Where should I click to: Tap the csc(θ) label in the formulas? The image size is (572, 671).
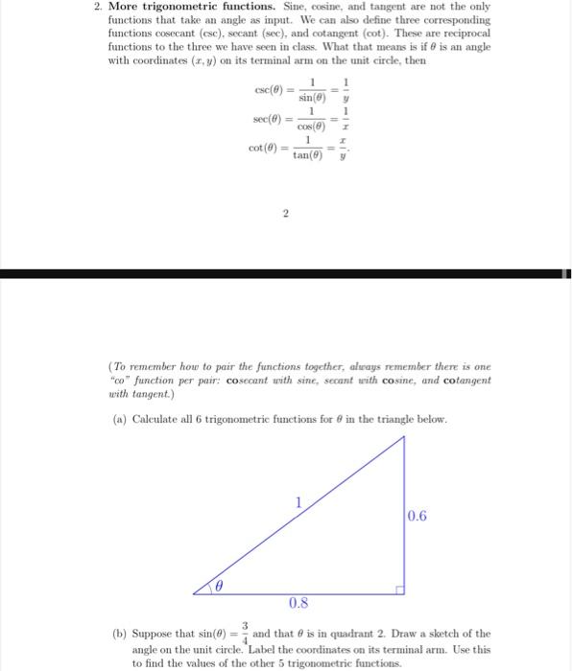tap(268, 90)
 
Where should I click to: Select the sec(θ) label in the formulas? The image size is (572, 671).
tap(268, 119)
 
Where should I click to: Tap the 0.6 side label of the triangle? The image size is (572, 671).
tap(417, 517)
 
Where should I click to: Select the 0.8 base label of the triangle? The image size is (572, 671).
tap(298, 603)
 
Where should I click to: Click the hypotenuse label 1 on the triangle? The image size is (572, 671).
tap(298, 501)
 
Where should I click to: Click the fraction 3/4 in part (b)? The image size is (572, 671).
tap(244, 633)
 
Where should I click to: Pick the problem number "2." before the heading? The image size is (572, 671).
tap(99, 8)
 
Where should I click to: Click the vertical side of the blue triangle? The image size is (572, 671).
tap(403, 518)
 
